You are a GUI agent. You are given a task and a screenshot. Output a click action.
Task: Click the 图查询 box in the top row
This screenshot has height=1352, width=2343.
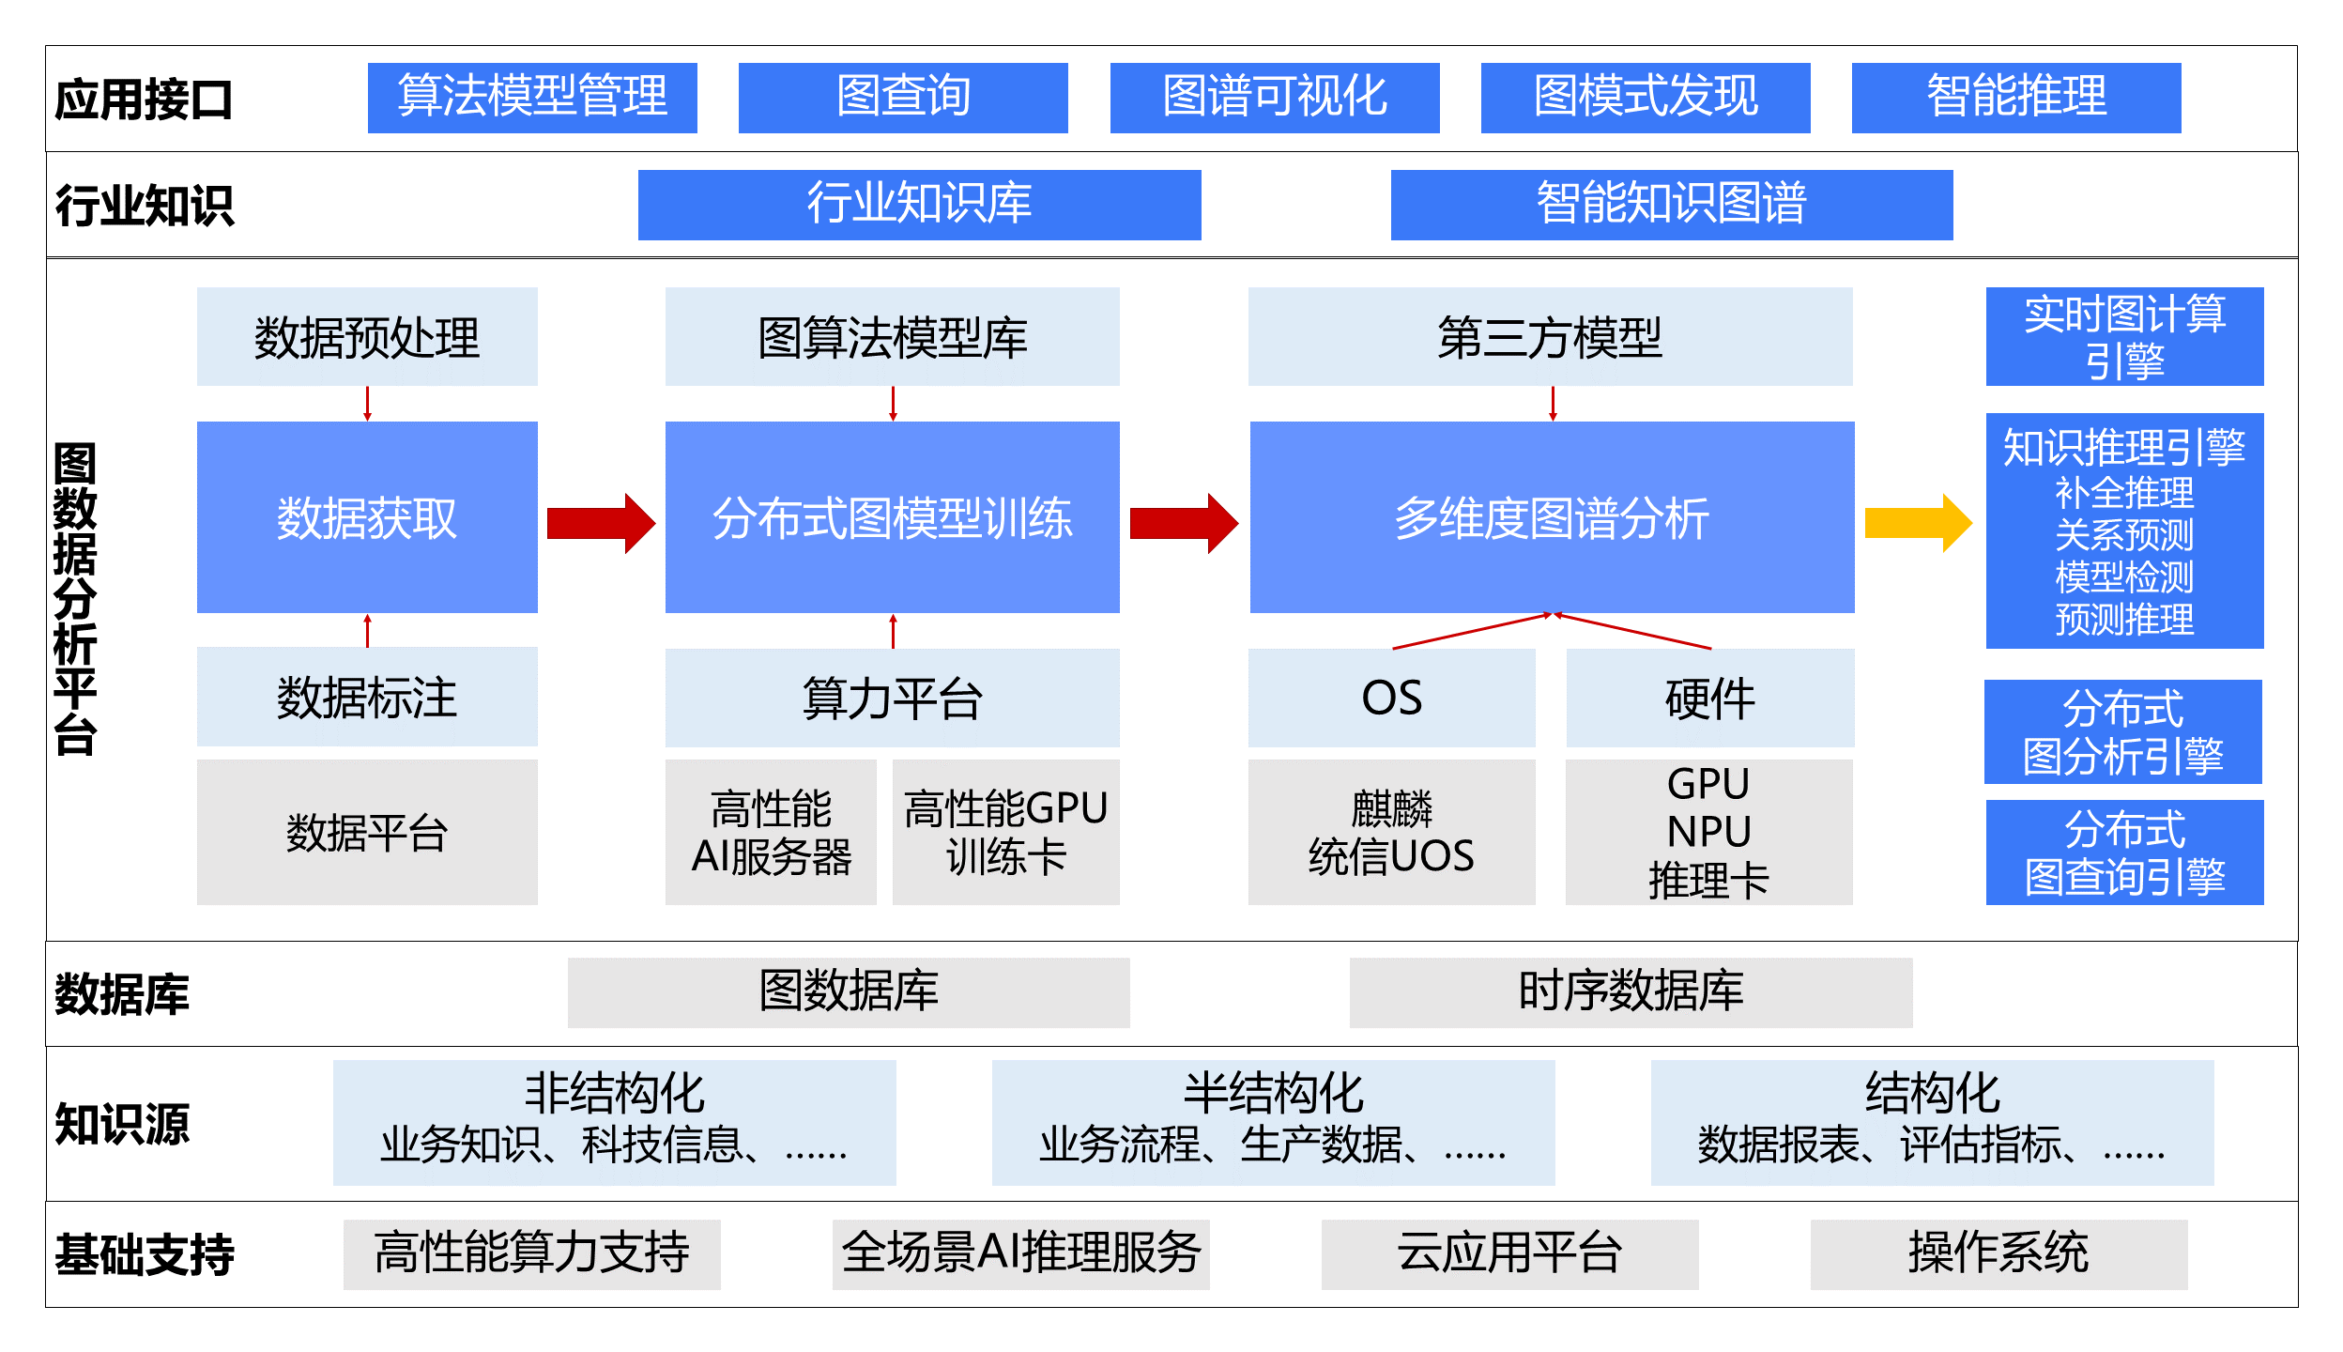point(902,98)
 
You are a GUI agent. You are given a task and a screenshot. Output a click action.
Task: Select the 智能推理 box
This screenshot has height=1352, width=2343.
point(2015,98)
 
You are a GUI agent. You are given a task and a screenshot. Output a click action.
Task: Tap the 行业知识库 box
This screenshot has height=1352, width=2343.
point(919,205)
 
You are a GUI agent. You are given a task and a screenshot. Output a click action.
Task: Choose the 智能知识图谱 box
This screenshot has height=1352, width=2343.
point(1671,205)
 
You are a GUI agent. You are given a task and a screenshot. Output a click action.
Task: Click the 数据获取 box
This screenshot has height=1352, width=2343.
point(367,517)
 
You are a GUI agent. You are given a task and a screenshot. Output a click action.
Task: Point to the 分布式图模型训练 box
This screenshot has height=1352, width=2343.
point(892,517)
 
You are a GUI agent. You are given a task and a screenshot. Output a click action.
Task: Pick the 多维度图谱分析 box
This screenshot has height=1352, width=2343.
point(1552,517)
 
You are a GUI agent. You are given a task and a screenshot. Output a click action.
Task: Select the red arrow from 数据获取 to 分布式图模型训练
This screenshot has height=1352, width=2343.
point(601,523)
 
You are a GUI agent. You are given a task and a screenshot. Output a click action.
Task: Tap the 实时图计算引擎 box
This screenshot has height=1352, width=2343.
point(2124,336)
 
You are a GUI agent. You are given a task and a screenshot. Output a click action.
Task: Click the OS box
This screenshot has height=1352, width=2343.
point(1391,698)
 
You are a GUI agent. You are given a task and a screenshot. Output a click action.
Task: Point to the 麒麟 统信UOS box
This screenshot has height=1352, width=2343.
point(1391,832)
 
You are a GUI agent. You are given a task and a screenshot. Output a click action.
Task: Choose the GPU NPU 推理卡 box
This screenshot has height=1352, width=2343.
point(1708,832)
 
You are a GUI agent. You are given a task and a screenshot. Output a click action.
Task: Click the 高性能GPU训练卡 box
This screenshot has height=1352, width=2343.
point(1005,832)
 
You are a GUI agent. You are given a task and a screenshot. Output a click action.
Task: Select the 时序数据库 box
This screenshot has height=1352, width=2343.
point(1631,992)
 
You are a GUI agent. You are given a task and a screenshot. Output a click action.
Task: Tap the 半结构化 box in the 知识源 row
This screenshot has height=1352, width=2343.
point(1273,1122)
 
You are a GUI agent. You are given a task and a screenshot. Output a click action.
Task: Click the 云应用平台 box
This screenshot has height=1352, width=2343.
point(1509,1254)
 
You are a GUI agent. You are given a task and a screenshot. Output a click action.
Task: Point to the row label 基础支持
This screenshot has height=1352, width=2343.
point(145,1254)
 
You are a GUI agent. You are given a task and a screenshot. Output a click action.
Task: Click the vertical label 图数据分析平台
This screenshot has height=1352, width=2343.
point(75,599)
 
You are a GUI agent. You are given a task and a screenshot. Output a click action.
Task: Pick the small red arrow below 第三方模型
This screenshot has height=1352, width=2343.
point(1553,403)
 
